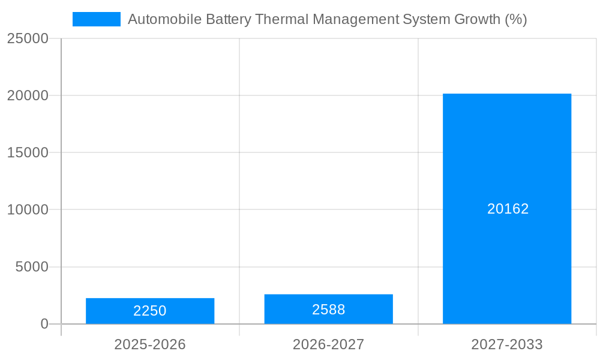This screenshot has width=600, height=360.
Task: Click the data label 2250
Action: point(150,311)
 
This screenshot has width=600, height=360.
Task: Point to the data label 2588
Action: point(328,310)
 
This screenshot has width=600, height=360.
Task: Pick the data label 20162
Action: point(508,209)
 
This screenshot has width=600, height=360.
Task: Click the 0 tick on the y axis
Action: point(44,324)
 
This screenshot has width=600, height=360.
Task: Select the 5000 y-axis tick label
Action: point(32,267)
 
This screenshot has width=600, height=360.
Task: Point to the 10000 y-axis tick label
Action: point(28,209)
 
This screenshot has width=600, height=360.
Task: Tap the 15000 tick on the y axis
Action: point(28,152)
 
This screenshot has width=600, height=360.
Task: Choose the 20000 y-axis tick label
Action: point(28,95)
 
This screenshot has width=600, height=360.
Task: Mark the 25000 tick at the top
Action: point(28,38)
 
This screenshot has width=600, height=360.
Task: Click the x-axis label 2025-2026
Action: point(150,344)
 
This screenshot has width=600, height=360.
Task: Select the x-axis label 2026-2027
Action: point(328,344)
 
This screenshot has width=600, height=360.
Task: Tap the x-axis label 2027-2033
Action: point(507,344)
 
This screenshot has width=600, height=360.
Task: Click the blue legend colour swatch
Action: point(97,19)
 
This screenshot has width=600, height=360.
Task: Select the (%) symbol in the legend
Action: point(515,19)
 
